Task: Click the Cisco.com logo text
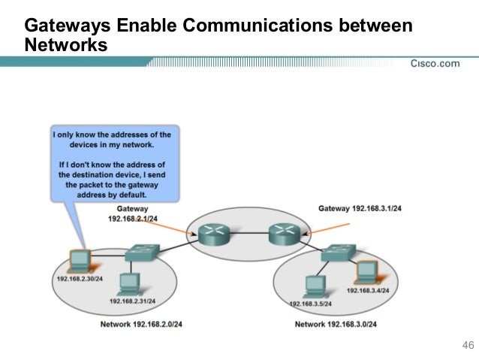pos(435,63)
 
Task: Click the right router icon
pos(284,234)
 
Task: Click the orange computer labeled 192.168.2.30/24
pos(78,260)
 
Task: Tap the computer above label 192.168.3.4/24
pos(365,271)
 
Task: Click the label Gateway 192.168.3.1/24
pos(360,207)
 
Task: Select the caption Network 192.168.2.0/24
pos(142,325)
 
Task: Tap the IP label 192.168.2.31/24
pos(133,301)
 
